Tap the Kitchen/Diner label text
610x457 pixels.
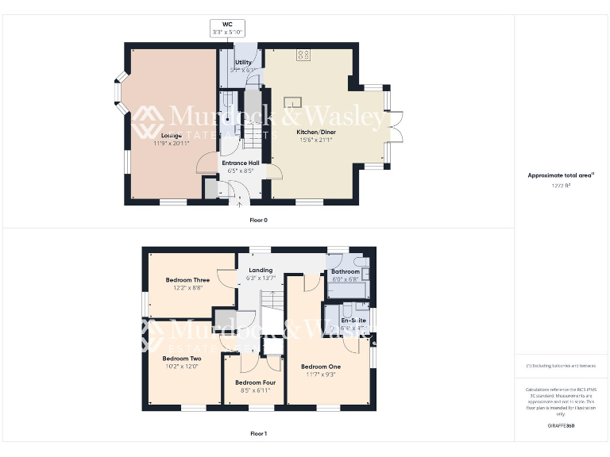point(315,131)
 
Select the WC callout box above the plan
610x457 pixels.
point(227,28)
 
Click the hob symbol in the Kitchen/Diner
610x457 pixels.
point(303,55)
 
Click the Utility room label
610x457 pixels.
point(243,63)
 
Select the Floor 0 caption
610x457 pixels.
point(258,220)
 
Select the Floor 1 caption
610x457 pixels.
point(258,434)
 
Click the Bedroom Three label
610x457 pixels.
point(187,279)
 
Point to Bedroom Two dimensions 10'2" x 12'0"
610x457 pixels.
point(182,367)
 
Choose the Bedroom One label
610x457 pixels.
point(320,367)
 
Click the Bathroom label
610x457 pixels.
point(346,271)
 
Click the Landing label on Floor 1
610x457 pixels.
point(261,270)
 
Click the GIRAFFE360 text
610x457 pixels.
point(561,426)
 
